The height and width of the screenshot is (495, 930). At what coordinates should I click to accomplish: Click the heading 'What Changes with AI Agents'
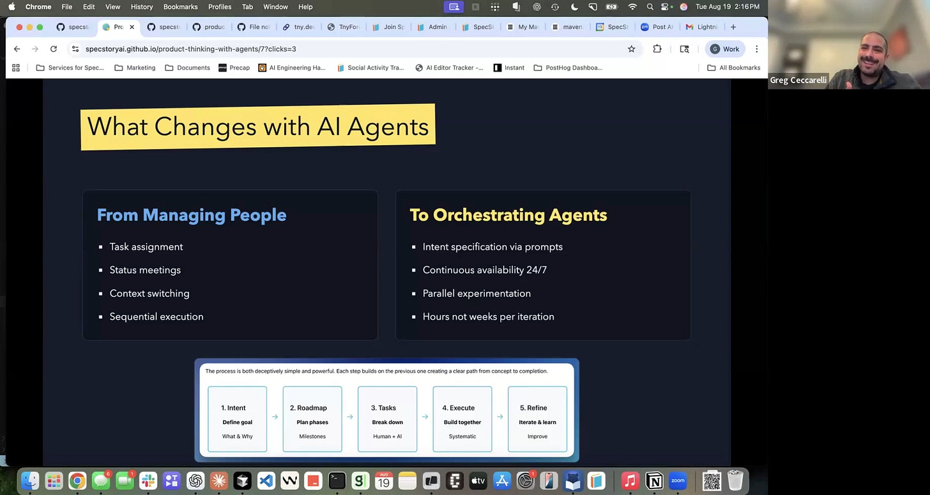pos(257,127)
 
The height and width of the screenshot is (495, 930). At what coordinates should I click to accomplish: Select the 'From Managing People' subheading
pos(191,215)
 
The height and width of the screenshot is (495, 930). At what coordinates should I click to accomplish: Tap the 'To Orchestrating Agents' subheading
pos(508,215)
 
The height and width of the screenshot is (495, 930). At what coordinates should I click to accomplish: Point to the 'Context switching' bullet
pos(149,294)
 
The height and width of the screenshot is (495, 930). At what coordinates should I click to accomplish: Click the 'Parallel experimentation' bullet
pos(476,294)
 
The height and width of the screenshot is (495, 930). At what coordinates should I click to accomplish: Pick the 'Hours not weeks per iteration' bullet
pos(488,317)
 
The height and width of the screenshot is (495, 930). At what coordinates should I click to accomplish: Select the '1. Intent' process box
pos(237,419)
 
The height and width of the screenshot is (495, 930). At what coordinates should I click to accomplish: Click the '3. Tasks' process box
pos(387,419)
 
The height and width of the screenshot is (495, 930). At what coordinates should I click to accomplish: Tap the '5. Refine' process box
pos(537,419)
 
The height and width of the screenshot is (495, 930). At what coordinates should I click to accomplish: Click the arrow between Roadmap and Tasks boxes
pos(350,417)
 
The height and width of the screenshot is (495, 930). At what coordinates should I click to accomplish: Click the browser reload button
pos(54,49)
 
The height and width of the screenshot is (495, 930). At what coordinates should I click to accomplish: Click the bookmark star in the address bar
pos(631,49)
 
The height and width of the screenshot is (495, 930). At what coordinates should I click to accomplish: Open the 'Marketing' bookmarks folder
pos(135,68)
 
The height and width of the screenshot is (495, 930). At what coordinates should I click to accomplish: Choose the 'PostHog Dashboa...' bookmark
pos(568,68)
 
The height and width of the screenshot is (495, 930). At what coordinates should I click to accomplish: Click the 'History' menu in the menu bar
pos(141,7)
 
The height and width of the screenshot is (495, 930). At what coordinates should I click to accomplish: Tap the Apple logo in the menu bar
pos(11,7)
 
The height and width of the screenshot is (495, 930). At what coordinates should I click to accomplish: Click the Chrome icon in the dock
pos(77,480)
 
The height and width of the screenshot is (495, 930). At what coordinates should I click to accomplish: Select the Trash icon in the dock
pos(735,480)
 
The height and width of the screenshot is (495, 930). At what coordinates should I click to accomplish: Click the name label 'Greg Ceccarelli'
pos(798,80)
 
